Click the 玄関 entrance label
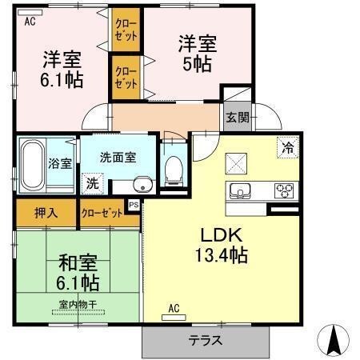238,118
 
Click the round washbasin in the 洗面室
141,184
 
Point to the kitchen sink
240,191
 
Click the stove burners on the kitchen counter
285,191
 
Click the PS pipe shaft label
134,205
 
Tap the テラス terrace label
206,340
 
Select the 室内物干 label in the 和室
78,304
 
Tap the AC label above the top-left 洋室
30,22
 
